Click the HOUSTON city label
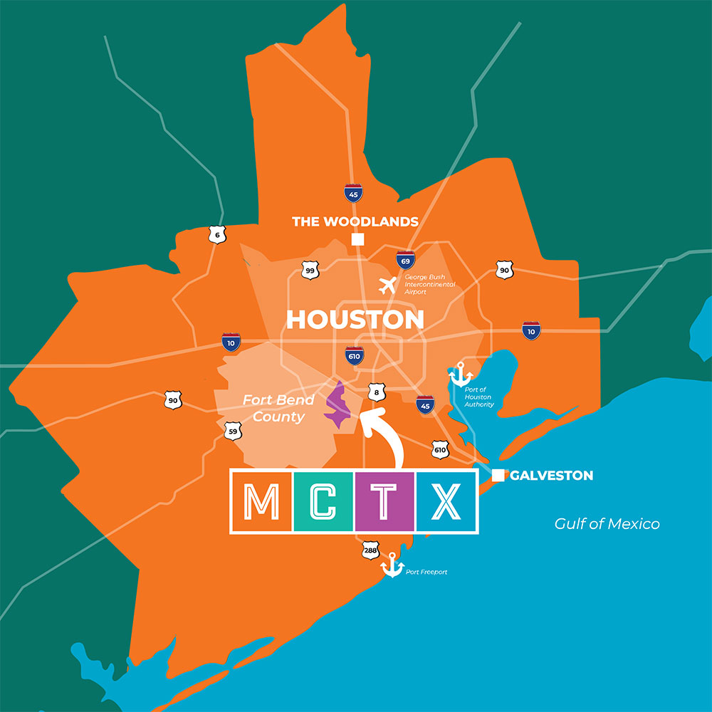coord(355,320)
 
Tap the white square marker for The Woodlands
coord(357,239)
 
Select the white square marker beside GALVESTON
coord(498,476)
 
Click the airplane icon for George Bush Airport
coord(388,286)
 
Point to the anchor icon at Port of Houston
coord(460,373)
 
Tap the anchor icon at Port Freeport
coord(392,565)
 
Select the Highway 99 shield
coord(310,271)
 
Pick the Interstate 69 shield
coord(407,258)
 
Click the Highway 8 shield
coord(377,392)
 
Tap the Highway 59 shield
coord(231,431)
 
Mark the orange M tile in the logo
coord(261,502)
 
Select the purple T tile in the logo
coord(384,502)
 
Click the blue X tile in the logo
coord(446,502)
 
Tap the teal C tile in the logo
coord(323,502)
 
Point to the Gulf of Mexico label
coord(607,524)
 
